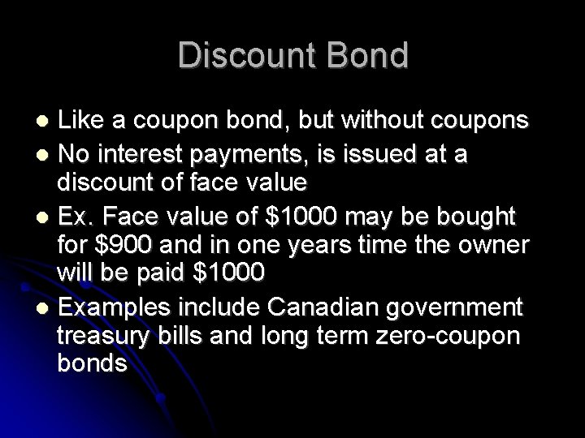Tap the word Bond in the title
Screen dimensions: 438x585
366,56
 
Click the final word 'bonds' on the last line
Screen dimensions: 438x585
92,363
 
